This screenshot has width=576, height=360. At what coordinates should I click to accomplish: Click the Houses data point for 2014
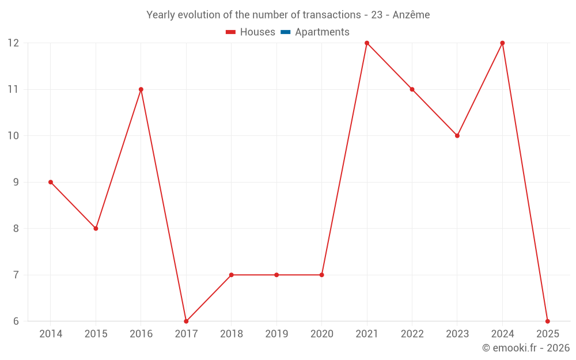click(x=51, y=182)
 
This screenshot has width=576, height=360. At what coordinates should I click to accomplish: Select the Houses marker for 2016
click(x=141, y=89)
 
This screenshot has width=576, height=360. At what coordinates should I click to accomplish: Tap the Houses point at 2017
click(x=186, y=321)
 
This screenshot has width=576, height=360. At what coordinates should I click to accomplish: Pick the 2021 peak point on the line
click(x=367, y=43)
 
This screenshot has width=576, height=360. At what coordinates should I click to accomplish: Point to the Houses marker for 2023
click(x=457, y=136)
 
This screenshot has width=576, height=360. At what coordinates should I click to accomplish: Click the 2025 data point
click(x=548, y=321)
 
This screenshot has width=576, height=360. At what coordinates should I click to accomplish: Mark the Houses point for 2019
click(x=276, y=275)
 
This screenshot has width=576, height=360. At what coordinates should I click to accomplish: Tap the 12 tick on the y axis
click(x=13, y=43)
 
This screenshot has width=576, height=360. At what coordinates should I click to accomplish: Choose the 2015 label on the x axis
click(x=96, y=334)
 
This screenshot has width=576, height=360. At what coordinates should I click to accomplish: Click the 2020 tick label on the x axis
click(x=321, y=334)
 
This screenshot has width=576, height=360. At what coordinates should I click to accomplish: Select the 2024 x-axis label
click(x=502, y=334)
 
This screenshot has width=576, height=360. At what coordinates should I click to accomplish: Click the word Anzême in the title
click(x=411, y=15)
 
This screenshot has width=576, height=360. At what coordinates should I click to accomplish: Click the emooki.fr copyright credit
click(x=526, y=348)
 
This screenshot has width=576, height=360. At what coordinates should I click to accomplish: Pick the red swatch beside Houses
click(x=231, y=32)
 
